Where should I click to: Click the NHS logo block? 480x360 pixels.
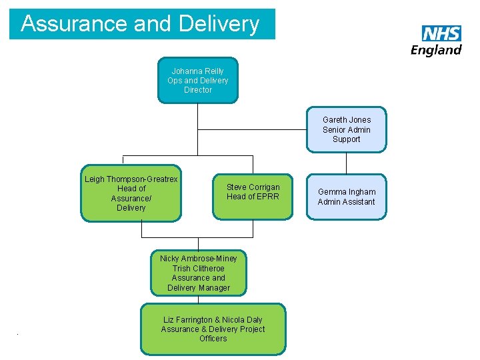click(x=441, y=34)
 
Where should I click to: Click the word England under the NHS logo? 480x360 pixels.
click(x=436, y=50)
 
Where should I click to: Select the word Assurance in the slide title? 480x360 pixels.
click(x=74, y=24)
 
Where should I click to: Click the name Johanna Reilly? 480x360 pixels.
click(x=198, y=71)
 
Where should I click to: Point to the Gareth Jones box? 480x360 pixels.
click(x=346, y=129)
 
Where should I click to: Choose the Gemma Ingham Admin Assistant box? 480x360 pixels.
click(x=346, y=197)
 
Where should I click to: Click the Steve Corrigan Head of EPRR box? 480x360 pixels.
click(x=253, y=197)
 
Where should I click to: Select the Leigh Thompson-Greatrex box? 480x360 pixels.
click(x=131, y=193)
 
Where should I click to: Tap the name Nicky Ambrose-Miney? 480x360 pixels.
click(x=199, y=259)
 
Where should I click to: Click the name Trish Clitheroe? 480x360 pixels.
click(x=199, y=269)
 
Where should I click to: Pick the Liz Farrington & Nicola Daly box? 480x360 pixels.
click(x=213, y=329)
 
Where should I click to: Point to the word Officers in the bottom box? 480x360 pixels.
click(x=213, y=339)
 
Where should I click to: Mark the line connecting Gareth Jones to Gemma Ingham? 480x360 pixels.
click(x=346, y=163)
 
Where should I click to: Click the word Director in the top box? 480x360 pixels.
click(x=198, y=90)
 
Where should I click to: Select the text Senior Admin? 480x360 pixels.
click(x=346, y=130)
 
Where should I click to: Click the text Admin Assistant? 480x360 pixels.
click(x=346, y=202)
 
